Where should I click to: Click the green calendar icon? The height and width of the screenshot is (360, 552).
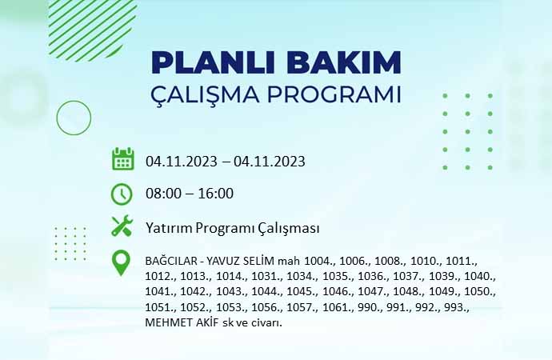point(123,159)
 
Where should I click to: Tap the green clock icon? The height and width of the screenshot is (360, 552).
point(122,194)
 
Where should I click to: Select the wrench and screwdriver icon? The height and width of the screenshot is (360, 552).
point(122,226)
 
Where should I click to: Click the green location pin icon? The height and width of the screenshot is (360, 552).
point(121,263)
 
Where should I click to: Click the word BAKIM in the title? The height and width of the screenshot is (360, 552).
point(343,62)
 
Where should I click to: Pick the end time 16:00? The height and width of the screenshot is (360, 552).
point(215,193)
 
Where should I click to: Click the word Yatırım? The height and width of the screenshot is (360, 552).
point(169,228)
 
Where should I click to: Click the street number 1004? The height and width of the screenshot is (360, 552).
point(318,261)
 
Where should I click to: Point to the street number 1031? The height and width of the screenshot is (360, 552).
point(265,276)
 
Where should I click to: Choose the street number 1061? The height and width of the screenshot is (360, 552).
point(336,307)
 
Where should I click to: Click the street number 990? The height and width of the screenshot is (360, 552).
point(368,307)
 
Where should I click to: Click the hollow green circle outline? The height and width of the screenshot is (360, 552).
point(74,101)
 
